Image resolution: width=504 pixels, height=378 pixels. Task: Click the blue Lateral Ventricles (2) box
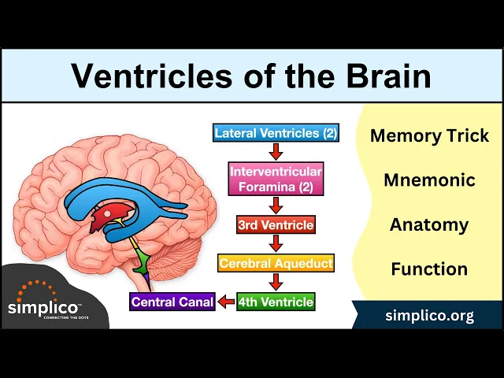276,133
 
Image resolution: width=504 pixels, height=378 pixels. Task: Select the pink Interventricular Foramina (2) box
276,179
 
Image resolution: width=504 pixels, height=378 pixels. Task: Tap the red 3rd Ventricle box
276,225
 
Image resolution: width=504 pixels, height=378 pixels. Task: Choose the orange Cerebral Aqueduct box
276,263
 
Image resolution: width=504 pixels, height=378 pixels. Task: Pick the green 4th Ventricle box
276,302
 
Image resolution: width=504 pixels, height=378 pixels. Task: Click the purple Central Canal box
172,302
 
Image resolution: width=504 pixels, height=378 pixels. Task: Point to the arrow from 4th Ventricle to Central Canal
226,302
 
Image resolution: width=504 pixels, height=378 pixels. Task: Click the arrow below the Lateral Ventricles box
276,151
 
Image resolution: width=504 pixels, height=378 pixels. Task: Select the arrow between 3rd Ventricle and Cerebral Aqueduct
276,244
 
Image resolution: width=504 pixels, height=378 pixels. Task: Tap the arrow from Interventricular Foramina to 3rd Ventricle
276,206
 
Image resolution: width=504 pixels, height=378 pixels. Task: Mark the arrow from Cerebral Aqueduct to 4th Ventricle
276,282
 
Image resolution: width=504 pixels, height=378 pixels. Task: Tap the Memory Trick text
429,135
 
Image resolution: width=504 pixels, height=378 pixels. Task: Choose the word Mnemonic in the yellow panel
429,180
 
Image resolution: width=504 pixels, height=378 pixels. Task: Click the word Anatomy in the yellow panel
429,225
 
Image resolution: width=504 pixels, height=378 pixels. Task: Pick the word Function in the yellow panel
429,269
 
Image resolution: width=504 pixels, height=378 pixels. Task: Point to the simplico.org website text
429,316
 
